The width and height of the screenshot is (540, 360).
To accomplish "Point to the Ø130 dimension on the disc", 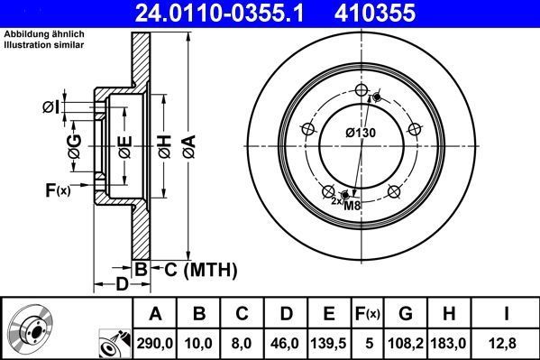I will (x=361, y=134).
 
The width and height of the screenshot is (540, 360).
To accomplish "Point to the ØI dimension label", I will (x=51, y=108).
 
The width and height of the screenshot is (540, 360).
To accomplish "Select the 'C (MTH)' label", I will (x=200, y=268).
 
